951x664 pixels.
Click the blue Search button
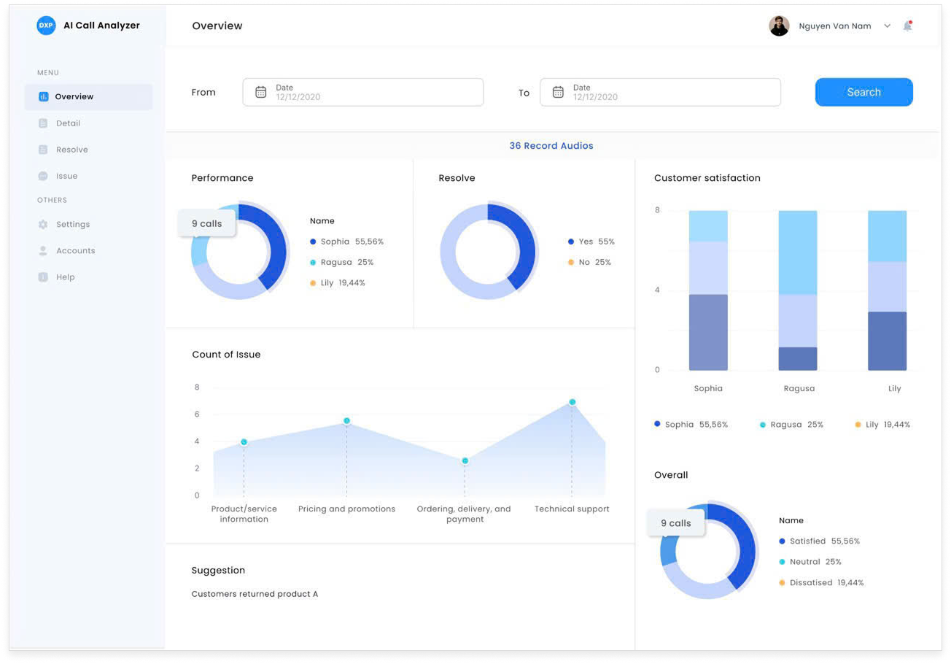(x=863, y=92)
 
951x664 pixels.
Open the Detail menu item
(x=68, y=123)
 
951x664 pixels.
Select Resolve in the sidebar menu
(x=71, y=150)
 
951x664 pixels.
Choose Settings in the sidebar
(x=73, y=224)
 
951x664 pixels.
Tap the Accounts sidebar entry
(x=75, y=250)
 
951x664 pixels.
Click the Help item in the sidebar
(x=65, y=277)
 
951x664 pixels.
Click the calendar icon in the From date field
(x=261, y=92)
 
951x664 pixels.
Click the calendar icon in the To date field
(x=558, y=92)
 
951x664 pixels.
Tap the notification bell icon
(x=907, y=26)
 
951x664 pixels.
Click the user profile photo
(x=779, y=26)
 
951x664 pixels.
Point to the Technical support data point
(x=572, y=402)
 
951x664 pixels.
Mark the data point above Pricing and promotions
(x=346, y=421)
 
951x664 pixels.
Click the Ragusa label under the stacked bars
(x=799, y=388)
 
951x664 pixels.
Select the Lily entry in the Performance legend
(x=342, y=282)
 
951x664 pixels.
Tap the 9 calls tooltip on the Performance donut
(x=207, y=223)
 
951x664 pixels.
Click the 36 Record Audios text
(x=551, y=146)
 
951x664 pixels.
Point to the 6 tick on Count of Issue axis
(x=197, y=414)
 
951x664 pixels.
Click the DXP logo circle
(x=46, y=26)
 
